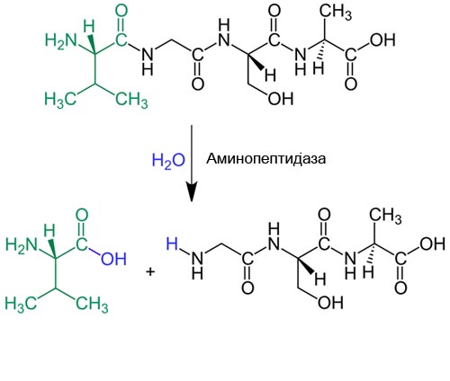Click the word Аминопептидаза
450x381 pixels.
click(x=265, y=158)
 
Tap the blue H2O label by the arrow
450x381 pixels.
click(x=168, y=160)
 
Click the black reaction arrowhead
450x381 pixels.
click(x=192, y=191)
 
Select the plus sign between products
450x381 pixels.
click(x=150, y=272)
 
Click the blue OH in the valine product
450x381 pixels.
click(x=114, y=259)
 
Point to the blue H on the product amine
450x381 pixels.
click(x=172, y=244)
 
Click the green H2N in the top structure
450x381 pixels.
click(x=61, y=40)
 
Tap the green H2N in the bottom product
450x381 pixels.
click(x=22, y=246)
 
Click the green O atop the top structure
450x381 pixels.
click(x=121, y=11)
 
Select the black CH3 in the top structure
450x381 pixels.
click(x=336, y=13)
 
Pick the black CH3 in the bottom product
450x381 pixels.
click(x=385, y=217)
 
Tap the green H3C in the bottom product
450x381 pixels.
click(x=21, y=305)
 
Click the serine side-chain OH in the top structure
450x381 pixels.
click(x=280, y=98)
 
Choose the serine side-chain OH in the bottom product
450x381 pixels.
click(x=330, y=303)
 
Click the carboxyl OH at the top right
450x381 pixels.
click(x=382, y=40)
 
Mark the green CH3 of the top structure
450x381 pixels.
click(x=131, y=100)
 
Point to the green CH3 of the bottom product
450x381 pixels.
click(x=92, y=305)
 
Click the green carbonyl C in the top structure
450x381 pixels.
click(x=121, y=40)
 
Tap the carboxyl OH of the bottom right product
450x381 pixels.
click(x=433, y=244)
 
